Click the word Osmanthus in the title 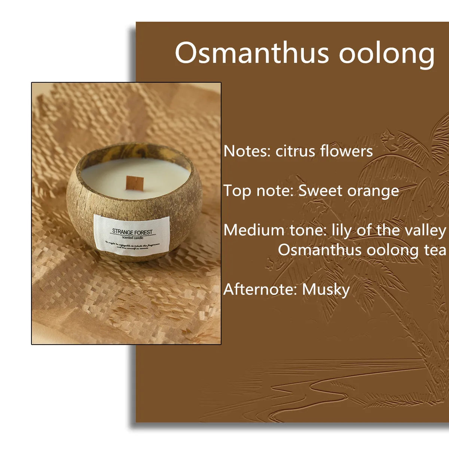coord(251,53)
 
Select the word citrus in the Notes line coord(295,151)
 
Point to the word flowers coord(346,151)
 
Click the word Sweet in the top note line coord(320,191)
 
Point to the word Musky coord(326,290)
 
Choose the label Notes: coord(247,151)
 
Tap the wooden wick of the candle coord(135,183)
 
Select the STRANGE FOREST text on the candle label coord(132,232)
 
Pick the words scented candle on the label coord(132,238)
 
